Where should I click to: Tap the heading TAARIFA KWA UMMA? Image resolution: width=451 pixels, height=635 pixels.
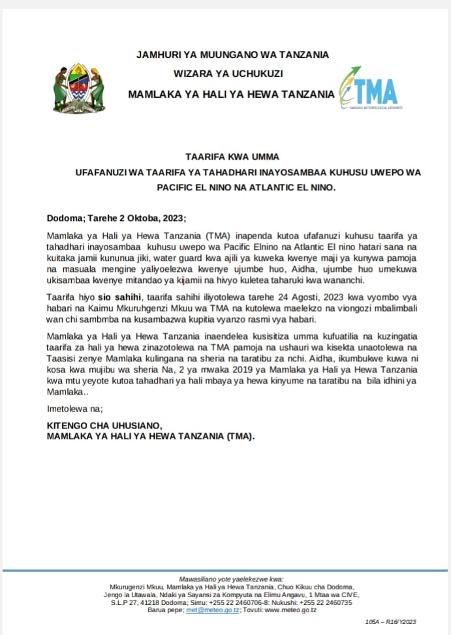tap(232, 156)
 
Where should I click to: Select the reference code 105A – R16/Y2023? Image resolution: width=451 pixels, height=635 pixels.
tap(390, 623)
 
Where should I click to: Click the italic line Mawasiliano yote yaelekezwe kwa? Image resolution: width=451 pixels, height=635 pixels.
tap(232, 579)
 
